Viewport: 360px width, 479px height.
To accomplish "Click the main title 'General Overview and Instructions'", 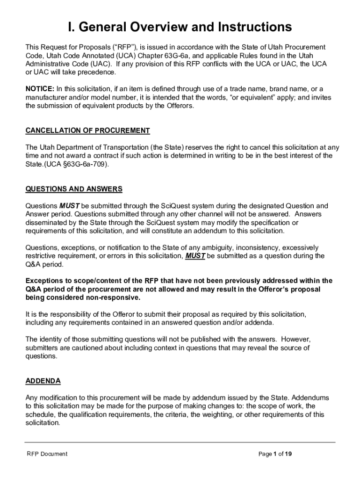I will [180, 27].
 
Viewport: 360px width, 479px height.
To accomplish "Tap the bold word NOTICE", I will [40, 89].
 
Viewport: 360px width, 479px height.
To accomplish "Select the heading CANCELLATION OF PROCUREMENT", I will [87, 131].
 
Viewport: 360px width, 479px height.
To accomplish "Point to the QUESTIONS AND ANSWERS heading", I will [74, 189].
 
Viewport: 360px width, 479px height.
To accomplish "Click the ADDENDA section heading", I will [43, 381].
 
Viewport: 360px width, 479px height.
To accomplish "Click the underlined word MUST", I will [195, 256].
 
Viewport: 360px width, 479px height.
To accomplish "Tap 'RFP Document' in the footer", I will [47, 454].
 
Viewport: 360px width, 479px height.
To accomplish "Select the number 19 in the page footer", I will [289, 454].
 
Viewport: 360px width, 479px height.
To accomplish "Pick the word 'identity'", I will [51, 339].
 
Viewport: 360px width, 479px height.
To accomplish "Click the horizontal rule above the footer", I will [180, 442].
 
